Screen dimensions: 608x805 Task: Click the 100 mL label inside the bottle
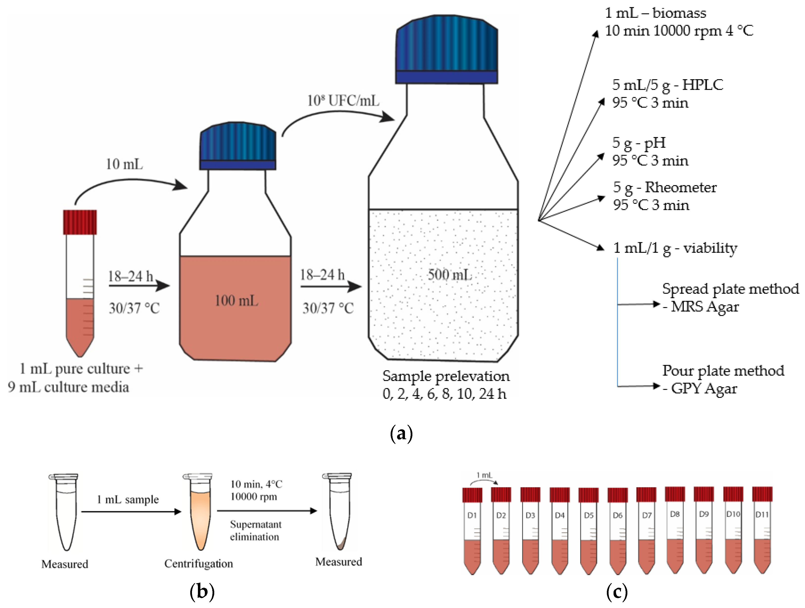[237, 301]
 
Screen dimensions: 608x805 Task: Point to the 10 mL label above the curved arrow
[124, 164]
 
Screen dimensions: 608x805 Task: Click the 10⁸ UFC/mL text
[343, 100]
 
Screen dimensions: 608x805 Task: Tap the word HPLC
[702, 85]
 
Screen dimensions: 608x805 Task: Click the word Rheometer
[681, 188]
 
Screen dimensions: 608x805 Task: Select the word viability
[710, 248]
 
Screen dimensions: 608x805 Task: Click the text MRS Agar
[705, 307]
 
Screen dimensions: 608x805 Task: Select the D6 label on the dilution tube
[617, 515]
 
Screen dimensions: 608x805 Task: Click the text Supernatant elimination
[256, 531]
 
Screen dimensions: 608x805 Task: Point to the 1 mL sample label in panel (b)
[127, 500]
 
